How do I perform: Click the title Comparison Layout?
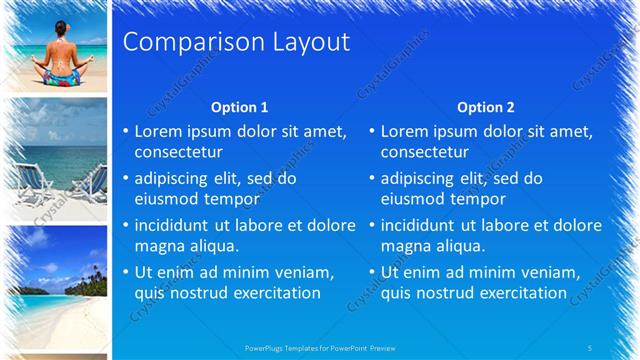235,42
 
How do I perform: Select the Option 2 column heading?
485,107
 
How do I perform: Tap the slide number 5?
590,347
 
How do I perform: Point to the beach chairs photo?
58,155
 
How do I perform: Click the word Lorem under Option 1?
159,131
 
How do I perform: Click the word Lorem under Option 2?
405,131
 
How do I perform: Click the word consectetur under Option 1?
179,152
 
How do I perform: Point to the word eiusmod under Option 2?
412,199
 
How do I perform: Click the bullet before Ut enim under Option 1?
125,273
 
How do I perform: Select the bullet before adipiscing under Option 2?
371,179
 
